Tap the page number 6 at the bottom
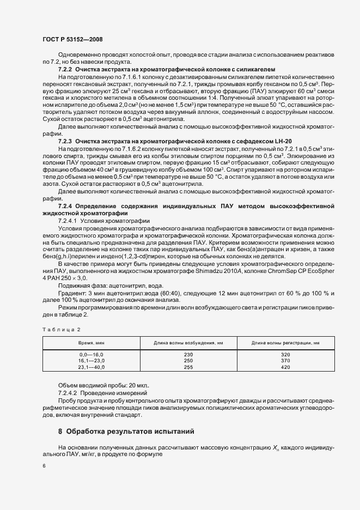(44, 466)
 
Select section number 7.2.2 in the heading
(65, 71)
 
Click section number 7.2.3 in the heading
(65, 142)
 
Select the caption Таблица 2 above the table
(61, 329)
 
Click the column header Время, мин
(91, 343)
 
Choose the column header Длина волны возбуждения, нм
(188, 343)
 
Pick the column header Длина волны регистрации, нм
(285, 343)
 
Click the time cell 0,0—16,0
(91, 355)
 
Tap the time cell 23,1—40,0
(91, 367)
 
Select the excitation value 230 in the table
(188, 355)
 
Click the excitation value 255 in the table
(188, 367)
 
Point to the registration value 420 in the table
(285, 367)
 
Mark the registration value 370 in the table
(285, 361)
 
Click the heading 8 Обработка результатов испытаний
(126, 432)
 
